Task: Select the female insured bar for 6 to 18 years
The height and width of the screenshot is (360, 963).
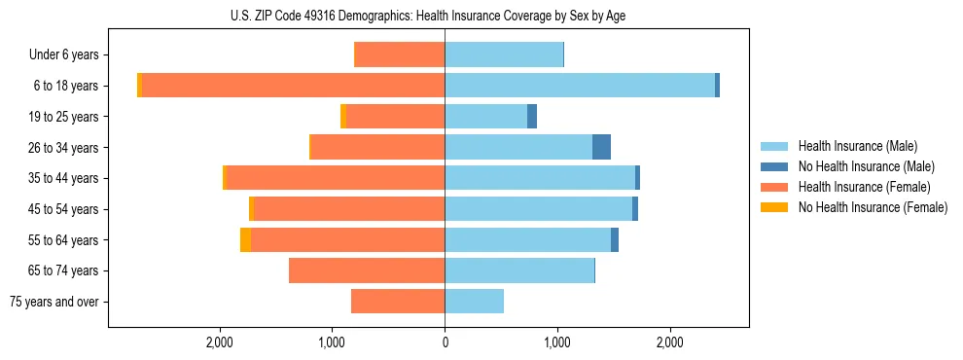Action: [293, 86]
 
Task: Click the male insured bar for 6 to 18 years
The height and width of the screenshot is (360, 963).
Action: [580, 86]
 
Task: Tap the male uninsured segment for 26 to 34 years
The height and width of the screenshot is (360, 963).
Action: [601, 147]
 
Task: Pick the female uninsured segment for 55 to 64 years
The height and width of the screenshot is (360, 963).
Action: [245, 239]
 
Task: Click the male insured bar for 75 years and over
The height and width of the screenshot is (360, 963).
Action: [474, 302]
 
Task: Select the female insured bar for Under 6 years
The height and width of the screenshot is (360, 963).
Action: [400, 54]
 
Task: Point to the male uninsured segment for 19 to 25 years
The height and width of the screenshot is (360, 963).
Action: [532, 117]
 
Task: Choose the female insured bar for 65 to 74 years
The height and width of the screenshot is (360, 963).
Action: [367, 270]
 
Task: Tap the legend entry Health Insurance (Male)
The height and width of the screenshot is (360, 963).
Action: [857, 146]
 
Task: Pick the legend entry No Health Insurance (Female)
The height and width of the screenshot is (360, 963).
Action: [872, 207]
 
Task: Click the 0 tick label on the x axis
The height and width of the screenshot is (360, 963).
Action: [445, 342]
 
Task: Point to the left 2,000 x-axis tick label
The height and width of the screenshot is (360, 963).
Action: [220, 342]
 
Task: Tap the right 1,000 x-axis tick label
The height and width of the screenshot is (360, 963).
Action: [557, 342]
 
